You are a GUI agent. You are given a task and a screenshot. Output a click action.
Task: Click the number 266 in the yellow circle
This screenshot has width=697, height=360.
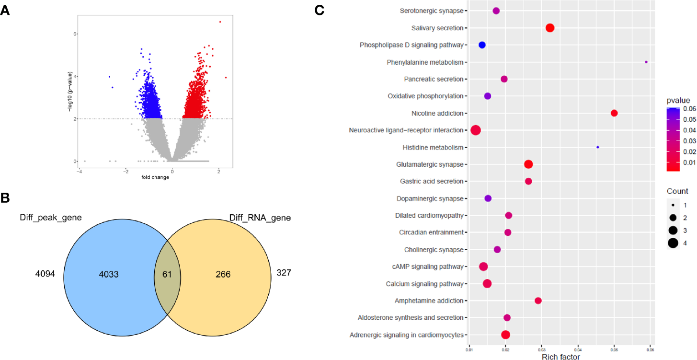223,274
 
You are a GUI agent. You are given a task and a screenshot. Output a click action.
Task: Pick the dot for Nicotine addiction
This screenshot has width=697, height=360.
614,113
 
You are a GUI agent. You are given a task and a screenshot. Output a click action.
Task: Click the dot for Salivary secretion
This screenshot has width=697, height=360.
550,28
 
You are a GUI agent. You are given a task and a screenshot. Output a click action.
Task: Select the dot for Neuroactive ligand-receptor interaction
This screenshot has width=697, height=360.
475,130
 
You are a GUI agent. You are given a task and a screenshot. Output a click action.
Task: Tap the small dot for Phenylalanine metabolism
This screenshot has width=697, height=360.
646,62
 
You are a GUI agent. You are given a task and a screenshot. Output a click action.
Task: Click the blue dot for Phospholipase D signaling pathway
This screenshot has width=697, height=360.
482,45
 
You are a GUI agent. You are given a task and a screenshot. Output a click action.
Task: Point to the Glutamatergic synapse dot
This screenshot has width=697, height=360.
528,164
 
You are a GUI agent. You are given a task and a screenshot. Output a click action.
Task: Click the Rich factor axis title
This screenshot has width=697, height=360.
560,356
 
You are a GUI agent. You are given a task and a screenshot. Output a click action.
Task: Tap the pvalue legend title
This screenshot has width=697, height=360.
678,101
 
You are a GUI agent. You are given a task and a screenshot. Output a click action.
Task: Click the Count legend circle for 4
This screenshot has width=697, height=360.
673,243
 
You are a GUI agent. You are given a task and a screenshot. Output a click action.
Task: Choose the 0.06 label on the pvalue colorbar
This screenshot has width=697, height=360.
689,109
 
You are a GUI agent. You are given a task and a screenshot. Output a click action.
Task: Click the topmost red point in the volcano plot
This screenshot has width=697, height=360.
220,22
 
